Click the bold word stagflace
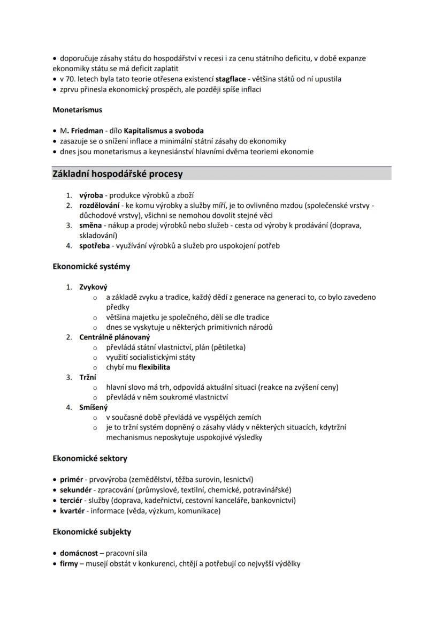tap(231, 79)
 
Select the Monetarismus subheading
tap(78, 110)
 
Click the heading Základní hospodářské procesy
tap(118, 174)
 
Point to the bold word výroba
tap(91, 195)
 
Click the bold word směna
tap(91, 225)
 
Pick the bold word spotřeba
tap(95, 246)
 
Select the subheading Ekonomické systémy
tap(91, 266)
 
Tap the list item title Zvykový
tap(93, 287)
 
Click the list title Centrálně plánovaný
tap(114, 337)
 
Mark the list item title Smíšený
tap(93, 407)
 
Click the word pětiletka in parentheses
tap(228, 348)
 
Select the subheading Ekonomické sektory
tap(90, 458)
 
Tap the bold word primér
tap(71, 479)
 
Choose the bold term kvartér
tap(72, 510)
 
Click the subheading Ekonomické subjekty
tap(92, 532)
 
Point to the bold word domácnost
tap(79, 553)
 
